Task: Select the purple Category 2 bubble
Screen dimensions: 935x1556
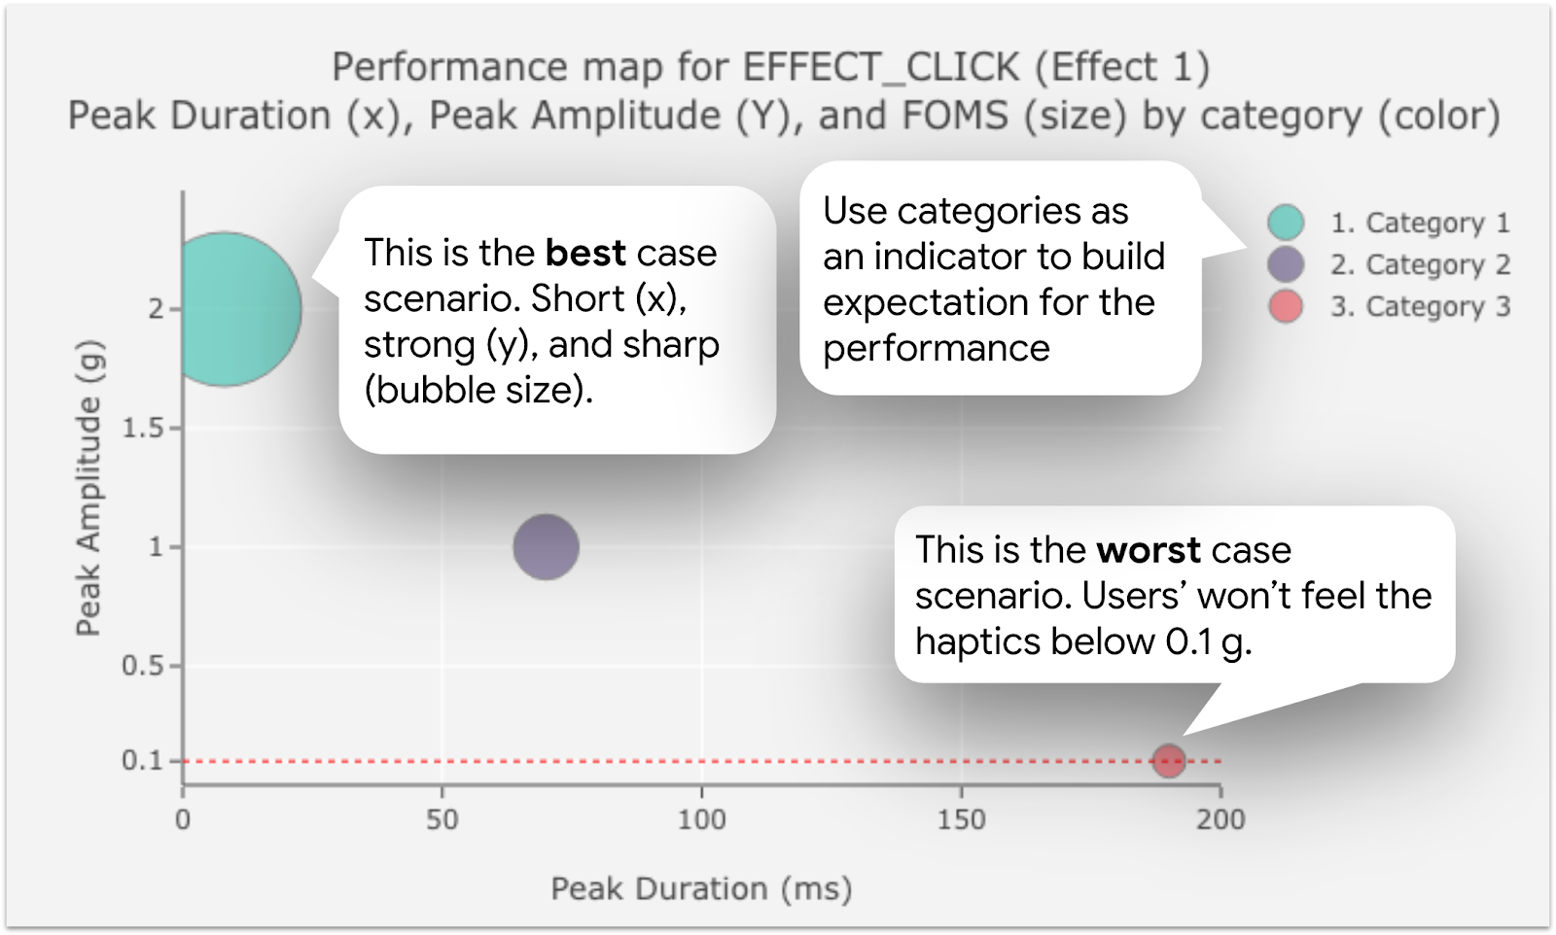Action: coord(546,546)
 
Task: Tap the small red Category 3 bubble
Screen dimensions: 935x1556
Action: coord(1168,760)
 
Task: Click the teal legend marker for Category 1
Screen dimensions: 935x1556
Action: coord(1286,223)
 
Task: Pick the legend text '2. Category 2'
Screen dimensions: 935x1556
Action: coord(1420,264)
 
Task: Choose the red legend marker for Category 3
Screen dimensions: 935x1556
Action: coord(1286,307)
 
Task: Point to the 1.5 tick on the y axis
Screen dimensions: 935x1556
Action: coord(143,429)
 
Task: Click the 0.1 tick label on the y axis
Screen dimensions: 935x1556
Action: coord(142,761)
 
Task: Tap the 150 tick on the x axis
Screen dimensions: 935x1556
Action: coord(961,819)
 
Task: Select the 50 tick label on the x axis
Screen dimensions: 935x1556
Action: coord(442,819)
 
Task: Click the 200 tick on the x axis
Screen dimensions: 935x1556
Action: coord(1220,819)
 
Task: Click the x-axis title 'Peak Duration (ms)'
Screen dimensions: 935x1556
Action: coord(700,888)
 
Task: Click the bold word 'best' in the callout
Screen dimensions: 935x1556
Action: coord(585,253)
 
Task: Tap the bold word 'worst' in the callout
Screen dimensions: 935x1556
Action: coord(1148,550)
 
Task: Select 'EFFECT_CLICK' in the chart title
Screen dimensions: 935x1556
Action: coord(881,67)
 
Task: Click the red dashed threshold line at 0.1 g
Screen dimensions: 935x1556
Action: coord(681,761)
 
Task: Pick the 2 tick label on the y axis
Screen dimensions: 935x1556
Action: coord(156,309)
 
